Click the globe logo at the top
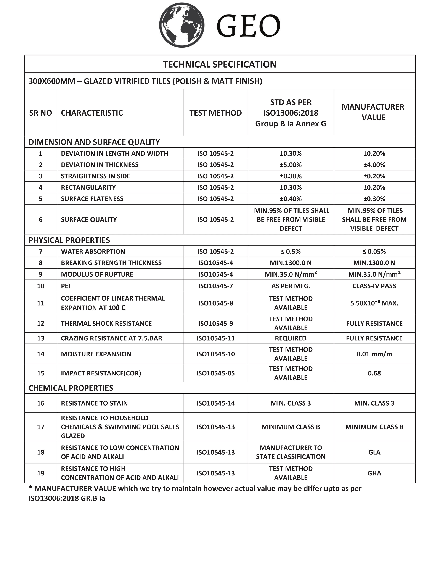(x=182, y=25)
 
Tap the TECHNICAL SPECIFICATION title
(x=220, y=64)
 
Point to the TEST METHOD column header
(x=216, y=113)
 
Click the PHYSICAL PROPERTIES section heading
(x=69, y=240)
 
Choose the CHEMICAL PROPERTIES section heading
(x=71, y=388)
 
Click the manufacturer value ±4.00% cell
(x=374, y=165)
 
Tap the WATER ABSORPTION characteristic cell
(x=93, y=251)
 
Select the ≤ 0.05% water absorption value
(x=374, y=251)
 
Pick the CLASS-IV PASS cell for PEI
(x=374, y=286)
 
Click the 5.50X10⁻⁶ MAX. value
(x=374, y=303)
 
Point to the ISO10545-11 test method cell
(x=216, y=338)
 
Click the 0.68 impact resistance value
(x=374, y=373)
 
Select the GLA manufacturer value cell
(x=374, y=452)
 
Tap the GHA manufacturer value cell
(x=374, y=473)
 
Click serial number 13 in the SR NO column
(x=41, y=338)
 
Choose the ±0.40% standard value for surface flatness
(x=291, y=199)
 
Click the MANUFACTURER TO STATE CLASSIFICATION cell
(x=291, y=452)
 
